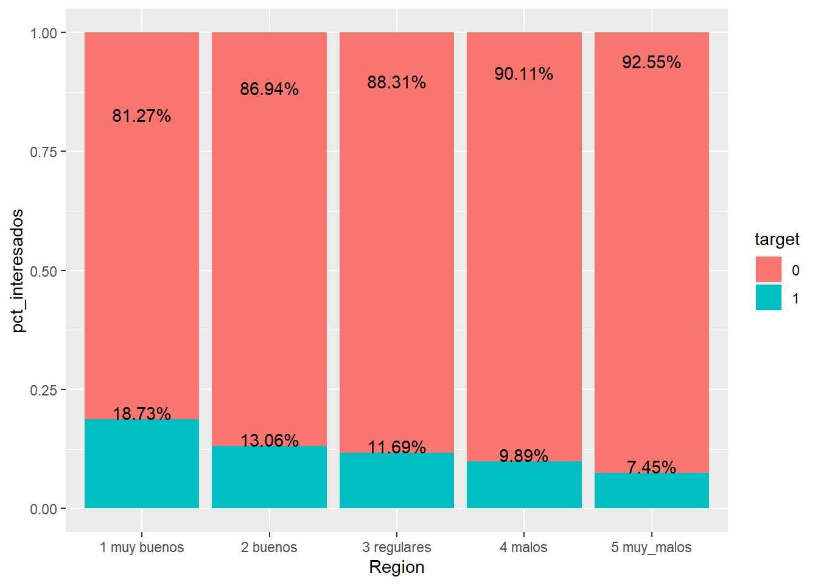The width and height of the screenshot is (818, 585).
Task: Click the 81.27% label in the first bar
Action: [x=142, y=116]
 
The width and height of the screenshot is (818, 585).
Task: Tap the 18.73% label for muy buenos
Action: [x=142, y=414]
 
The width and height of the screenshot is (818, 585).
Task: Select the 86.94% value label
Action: [x=269, y=89]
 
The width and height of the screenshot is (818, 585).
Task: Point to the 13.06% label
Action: [x=270, y=441]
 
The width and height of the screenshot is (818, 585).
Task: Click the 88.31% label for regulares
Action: [x=397, y=82]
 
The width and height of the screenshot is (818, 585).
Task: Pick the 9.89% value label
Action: [x=523, y=456]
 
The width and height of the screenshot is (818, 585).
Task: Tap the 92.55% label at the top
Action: [x=651, y=62]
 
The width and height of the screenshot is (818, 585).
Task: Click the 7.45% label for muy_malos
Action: [x=651, y=467]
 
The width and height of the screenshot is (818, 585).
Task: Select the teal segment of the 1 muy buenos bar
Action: [x=142, y=464]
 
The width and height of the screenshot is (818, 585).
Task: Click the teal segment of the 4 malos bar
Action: [x=524, y=485]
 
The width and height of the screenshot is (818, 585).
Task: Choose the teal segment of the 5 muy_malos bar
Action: [x=651, y=491]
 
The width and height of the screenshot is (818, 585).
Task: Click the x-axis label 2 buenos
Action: [x=269, y=547]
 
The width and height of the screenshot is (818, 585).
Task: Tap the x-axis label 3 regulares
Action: [x=397, y=547]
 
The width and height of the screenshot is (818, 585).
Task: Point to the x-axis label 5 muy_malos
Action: [x=651, y=548]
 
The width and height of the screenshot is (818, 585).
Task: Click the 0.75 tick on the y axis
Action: [x=43, y=152]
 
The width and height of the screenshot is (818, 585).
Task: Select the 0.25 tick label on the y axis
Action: [x=43, y=390]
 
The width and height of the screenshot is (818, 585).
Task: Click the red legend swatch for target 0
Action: [x=768, y=269]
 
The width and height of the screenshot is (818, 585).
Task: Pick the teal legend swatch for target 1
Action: [x=768, y=297]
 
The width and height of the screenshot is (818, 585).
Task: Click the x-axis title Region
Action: [x=397, y=568]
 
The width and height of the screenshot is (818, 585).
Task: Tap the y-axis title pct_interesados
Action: [x=18, y=271]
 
